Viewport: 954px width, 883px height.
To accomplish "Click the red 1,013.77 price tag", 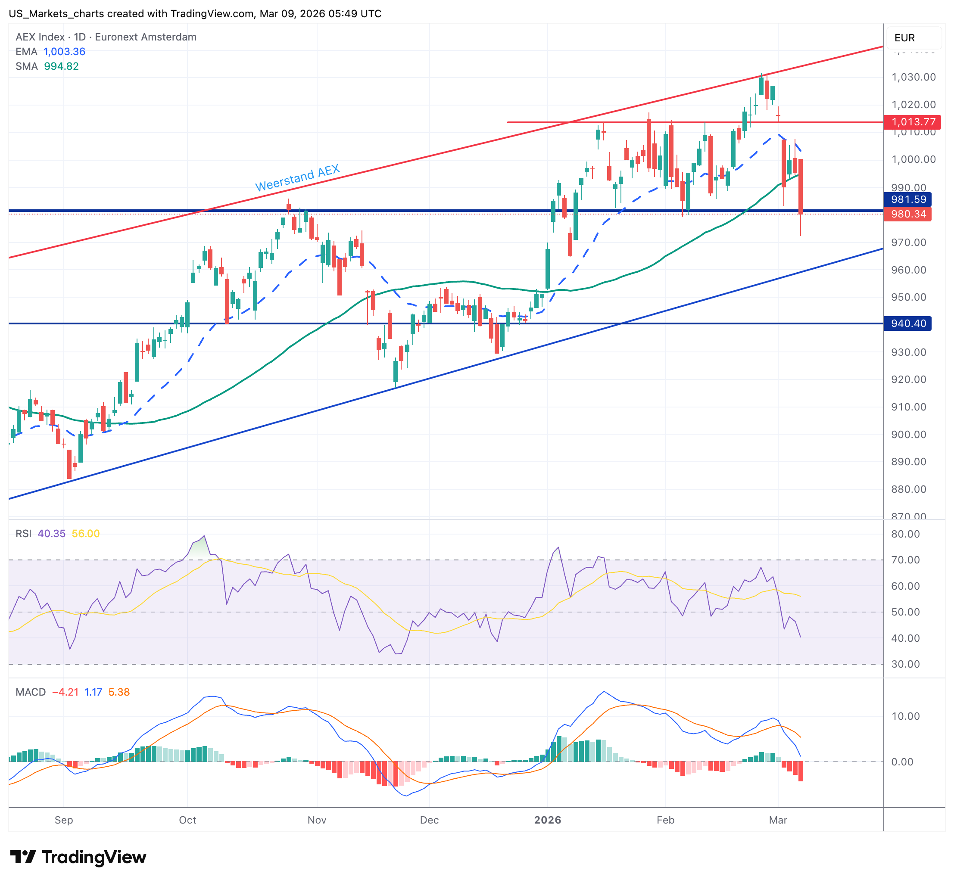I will coord(912,122).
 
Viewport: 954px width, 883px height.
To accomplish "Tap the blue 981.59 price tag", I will coord(907,199).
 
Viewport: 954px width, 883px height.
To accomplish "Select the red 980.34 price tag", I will coord(907,214).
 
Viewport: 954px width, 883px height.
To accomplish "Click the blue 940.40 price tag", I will coord(907,323).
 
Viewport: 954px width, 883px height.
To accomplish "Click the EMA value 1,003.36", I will coord(65,52).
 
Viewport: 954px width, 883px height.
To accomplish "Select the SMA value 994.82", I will coord(61,66).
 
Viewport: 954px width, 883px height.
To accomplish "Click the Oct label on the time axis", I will coord(187,820).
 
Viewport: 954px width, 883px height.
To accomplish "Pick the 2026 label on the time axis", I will coord(547,820).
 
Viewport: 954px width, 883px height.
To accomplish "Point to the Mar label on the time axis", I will coord(778,820).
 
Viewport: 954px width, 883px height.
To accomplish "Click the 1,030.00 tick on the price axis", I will coord(913,77).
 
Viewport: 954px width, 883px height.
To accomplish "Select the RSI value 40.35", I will coord(52,533).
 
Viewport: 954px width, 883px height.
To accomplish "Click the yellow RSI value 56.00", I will coord(86,533).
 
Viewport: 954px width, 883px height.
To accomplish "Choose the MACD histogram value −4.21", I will coord(65,692).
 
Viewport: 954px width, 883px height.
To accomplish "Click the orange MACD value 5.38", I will coord(119,692).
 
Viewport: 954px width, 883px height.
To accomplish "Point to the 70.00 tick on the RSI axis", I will coord(905,560).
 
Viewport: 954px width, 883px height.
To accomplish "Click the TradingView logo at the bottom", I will coord(78,857).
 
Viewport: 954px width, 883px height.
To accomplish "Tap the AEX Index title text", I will coord(40,37).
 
